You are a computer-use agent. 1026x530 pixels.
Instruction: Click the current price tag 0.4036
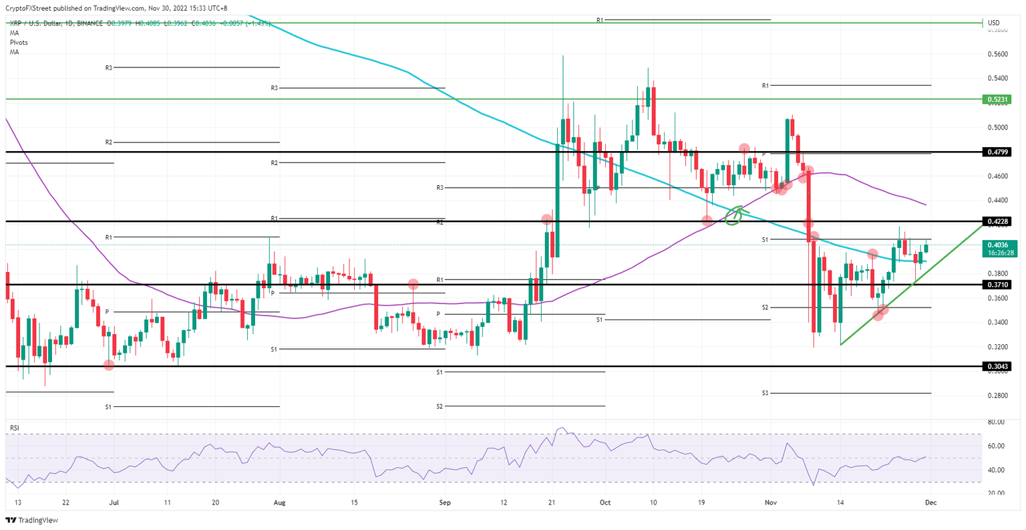pos(1000,245)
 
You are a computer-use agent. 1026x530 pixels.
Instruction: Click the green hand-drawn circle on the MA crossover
pos(735,215)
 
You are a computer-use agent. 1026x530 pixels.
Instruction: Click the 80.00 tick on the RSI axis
pos(996,422)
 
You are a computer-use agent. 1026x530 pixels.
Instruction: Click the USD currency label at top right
pos(993,23)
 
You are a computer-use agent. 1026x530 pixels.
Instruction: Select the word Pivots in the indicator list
pos(19,42)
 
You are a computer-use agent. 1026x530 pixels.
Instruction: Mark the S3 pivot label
pos(765,393)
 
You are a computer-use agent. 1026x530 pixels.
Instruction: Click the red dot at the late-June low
pos(109,364)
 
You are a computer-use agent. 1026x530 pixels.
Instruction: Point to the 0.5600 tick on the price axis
pos(998,54)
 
